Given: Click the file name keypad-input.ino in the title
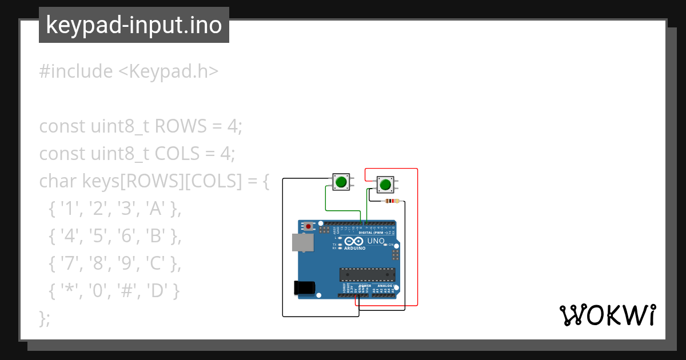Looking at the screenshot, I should point(134,25).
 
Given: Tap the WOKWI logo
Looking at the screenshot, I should point(607,315).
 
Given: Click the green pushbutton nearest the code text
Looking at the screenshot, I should point(341,182).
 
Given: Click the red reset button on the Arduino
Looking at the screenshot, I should point(309,227).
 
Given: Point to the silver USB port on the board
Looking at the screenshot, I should point(302,243).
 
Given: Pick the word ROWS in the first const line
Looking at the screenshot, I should point(178,126).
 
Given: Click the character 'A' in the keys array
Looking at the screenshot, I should point(155,210).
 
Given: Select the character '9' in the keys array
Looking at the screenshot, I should point(126,265).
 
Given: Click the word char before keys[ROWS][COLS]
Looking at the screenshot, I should point(58,181).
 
